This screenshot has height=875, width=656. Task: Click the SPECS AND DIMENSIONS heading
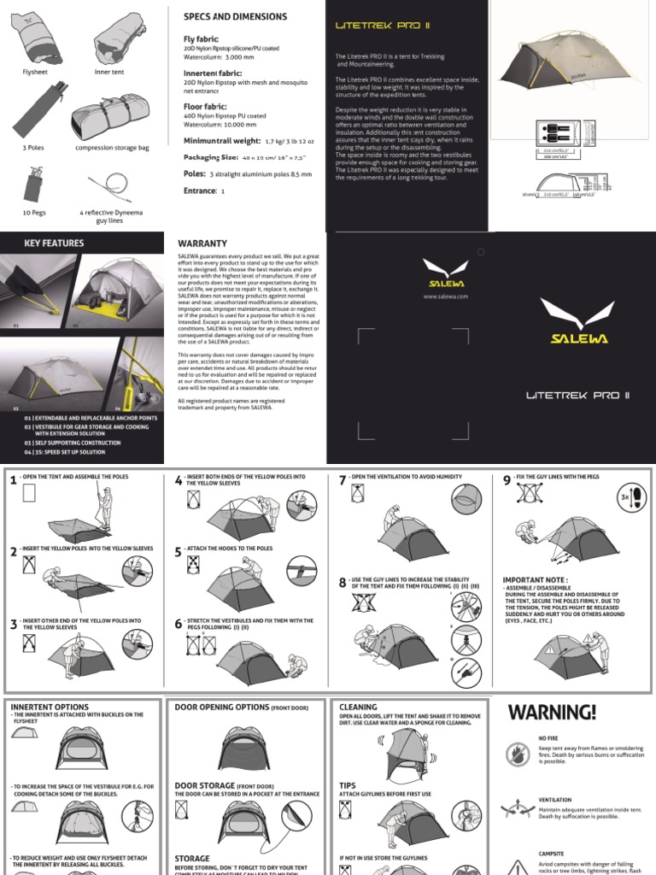click(236, 17)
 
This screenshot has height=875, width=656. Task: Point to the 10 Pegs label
click(34, 211)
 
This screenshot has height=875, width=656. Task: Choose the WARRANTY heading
click(202, 244)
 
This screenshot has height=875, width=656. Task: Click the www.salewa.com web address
click(445, 296)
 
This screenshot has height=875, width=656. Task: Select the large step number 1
click(14, 480)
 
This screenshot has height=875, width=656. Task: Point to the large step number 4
click(179, 480)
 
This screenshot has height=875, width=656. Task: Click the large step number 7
click(343, 480)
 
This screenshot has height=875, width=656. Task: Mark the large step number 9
click(507, 480)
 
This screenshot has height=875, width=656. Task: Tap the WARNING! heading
click(553, 712)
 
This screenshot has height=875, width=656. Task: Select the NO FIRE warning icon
click(517, 753)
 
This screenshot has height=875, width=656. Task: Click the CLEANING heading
click(358, 708)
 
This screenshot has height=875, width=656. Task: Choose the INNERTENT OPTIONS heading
click(49, 708)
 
